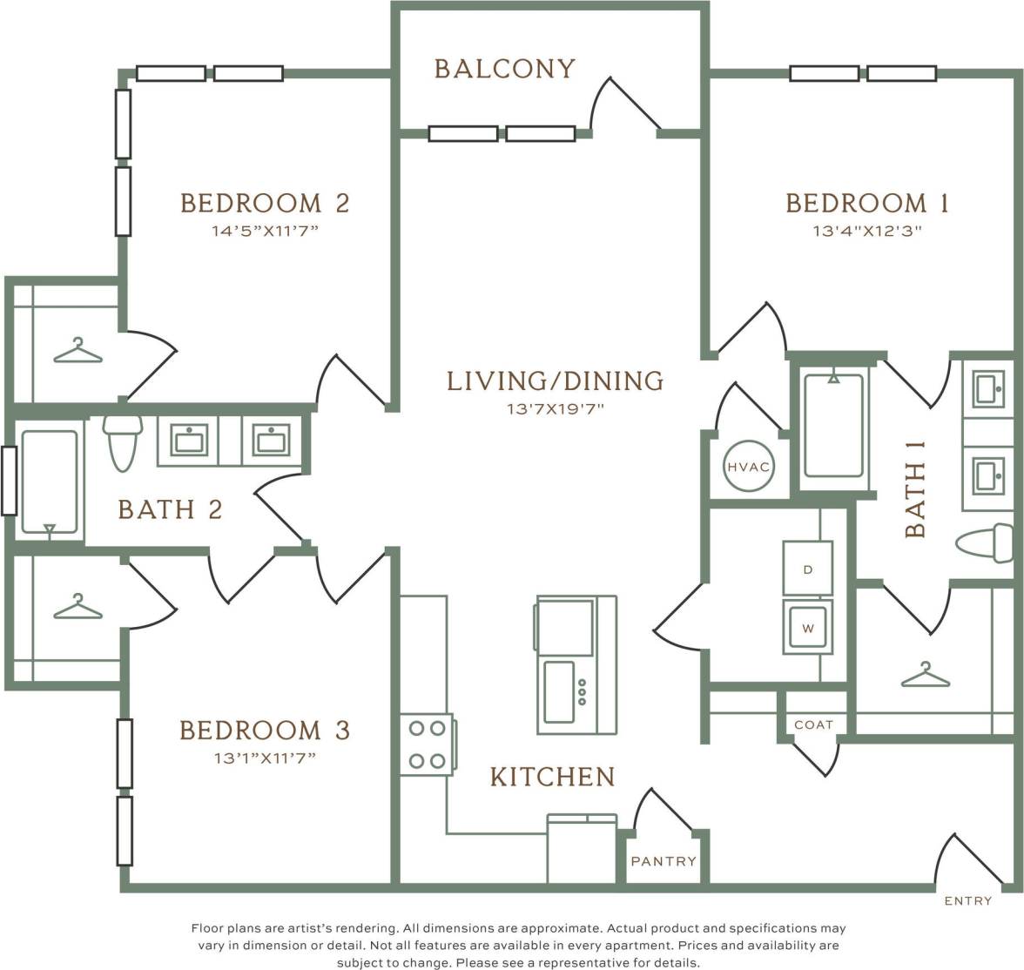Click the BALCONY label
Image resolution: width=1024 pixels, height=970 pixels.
504,69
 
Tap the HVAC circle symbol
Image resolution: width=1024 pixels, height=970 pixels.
748,468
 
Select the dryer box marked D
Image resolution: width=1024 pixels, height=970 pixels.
807,569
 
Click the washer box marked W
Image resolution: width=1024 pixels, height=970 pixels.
807,627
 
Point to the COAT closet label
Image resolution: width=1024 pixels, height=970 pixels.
813,724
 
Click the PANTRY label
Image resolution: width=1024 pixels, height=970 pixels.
664,861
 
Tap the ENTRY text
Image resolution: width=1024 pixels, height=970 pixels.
967,901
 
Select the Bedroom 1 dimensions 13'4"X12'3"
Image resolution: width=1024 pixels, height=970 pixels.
866,232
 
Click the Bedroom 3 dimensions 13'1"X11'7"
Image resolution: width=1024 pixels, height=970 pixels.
264,758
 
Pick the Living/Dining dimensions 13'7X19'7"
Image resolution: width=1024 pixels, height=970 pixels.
555,408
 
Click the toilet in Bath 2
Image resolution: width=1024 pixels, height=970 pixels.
122,441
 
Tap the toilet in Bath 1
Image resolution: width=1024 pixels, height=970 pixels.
986,543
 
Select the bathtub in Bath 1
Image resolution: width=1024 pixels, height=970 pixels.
834,426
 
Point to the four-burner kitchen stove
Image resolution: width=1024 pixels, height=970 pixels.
428,744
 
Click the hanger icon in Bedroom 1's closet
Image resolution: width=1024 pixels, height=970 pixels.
925,675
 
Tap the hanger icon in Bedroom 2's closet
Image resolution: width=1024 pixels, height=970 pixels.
77,351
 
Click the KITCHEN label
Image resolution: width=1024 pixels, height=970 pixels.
552,777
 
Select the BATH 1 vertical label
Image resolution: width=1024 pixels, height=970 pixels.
916,488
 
